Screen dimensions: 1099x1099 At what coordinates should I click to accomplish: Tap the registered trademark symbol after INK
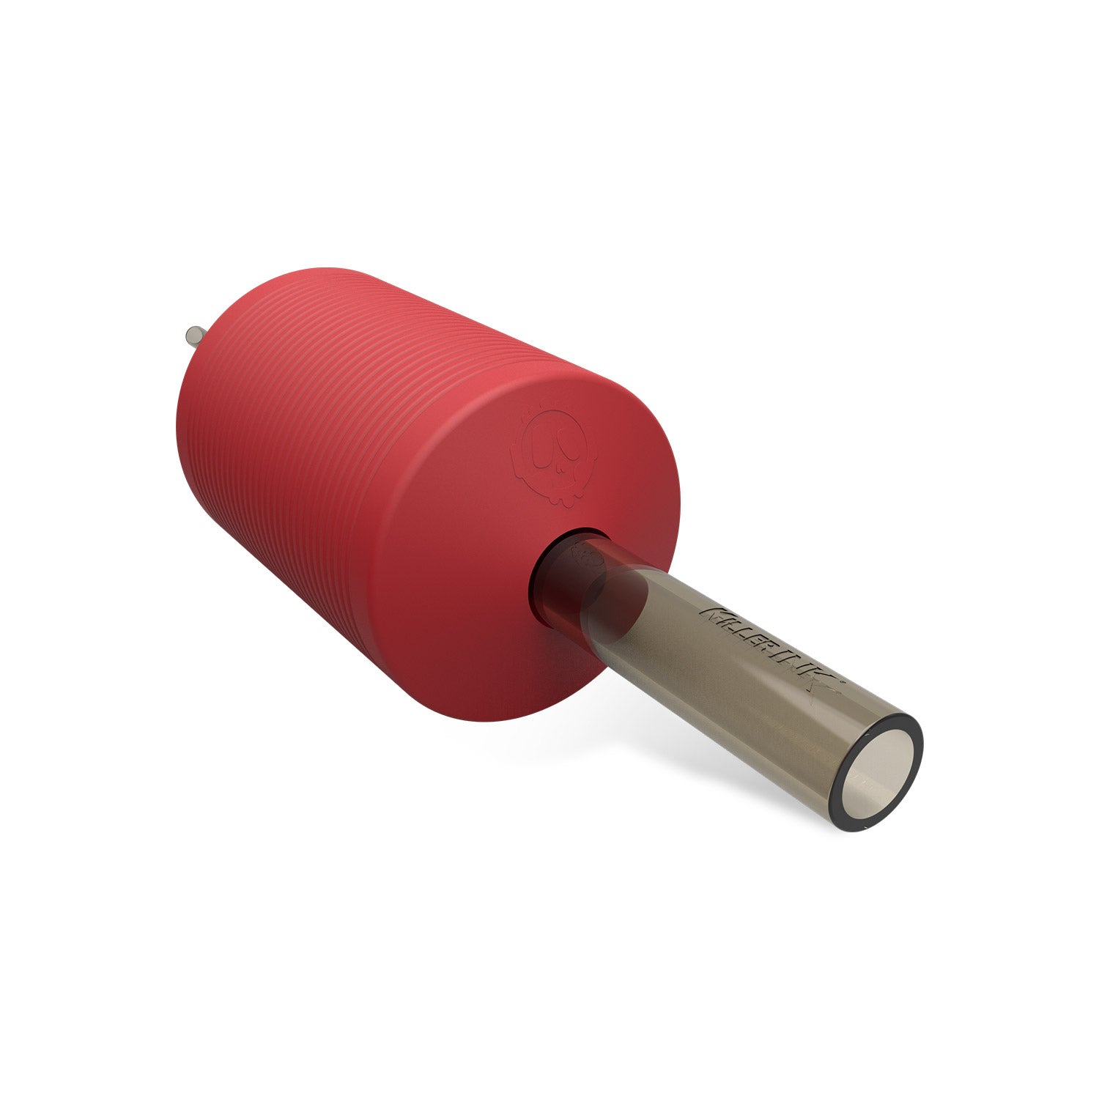pos(843,681)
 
